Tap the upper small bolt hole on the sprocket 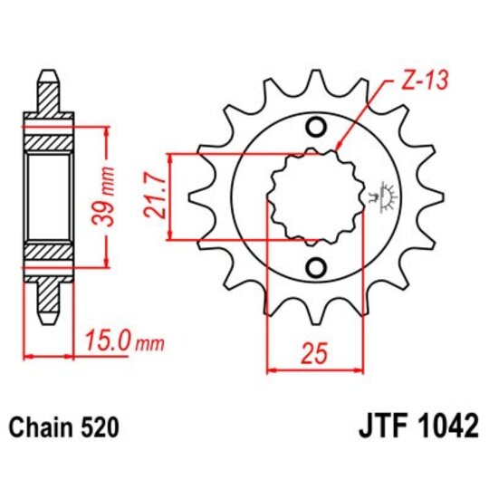pos(316,127)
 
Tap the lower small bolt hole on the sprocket pos(316,267)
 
